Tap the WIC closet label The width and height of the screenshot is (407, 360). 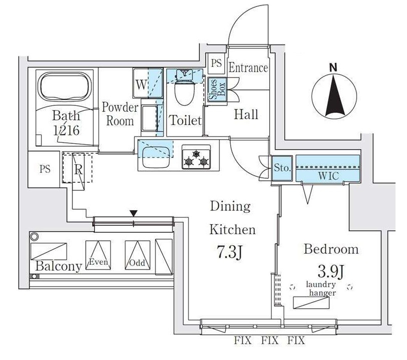[328, 176]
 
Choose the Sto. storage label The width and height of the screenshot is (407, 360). [282, 168]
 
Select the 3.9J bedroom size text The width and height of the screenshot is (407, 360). [332, 272]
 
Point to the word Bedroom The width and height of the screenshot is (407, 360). [331, 249]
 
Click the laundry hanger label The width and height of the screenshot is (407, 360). [322, 289]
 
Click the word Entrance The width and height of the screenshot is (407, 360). [248, 68]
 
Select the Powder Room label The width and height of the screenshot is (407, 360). [120, 114]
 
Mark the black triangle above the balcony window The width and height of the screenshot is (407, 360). [133, 213]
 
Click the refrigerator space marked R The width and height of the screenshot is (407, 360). [78, 168]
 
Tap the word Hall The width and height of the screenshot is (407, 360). [247, 115]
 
